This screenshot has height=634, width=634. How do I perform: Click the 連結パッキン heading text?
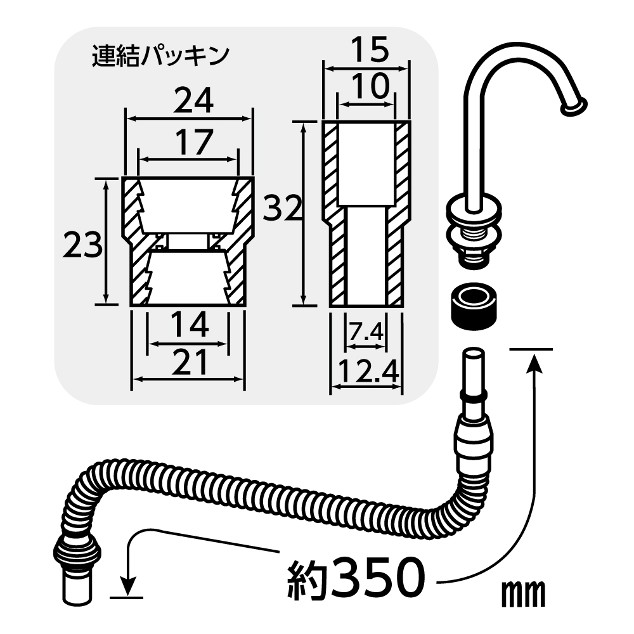[x=160, y=56]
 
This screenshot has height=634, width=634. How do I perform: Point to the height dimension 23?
[x=82, y=245]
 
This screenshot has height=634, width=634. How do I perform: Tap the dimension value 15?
[x=369, y=49]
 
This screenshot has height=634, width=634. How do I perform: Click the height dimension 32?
[x=282, y=208]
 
